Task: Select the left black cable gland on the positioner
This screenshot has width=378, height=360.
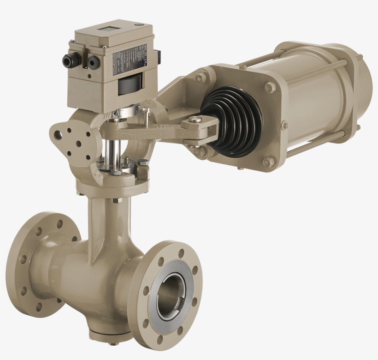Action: point(69,60)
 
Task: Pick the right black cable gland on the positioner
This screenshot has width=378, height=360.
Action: point(94,62)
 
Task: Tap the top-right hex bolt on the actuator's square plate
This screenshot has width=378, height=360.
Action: point(270,87)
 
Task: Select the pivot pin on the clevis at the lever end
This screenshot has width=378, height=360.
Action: point(195,120)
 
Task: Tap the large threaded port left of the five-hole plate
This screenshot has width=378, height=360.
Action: point(58,135)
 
